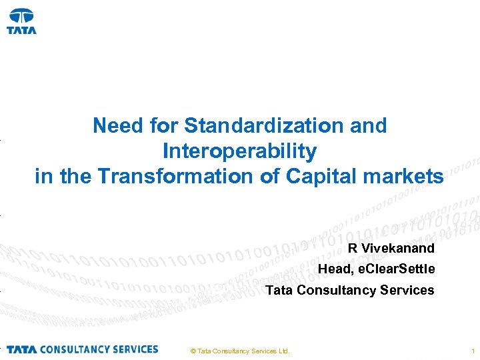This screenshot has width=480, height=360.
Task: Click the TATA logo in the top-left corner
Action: [x=21, y=21]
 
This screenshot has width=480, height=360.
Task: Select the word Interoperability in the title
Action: [x=239, y=151]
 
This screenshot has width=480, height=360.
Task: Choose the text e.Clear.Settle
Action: [x=396, y=269]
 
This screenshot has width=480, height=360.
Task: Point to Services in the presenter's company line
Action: [x=409, y=290]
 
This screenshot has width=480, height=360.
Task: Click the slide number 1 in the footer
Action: [x=472, y=351]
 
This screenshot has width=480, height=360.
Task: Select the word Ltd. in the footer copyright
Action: [x=283, y=351]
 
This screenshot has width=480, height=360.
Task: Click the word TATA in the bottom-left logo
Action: [x=21, y=349]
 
